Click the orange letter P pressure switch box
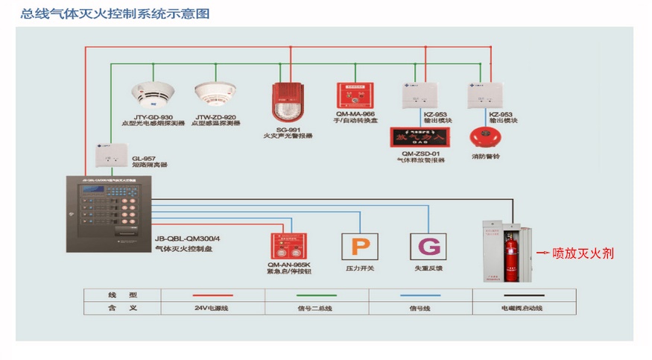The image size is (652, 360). click(x=359, y=247)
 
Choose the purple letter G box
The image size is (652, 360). click(x=428, y=247)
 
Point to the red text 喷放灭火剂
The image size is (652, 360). click(x=583, y=254)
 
